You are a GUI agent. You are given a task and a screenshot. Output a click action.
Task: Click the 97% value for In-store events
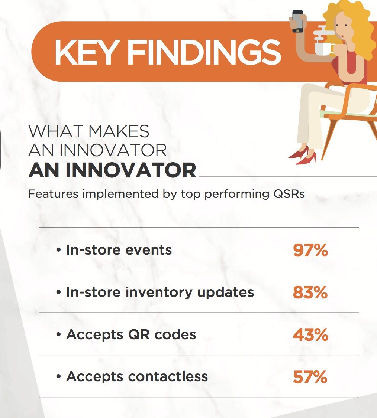310,250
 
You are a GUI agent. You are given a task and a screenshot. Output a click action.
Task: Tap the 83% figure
310,292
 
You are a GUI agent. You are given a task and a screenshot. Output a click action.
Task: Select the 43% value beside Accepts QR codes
310,334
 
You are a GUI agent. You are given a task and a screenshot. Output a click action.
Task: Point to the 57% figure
310,377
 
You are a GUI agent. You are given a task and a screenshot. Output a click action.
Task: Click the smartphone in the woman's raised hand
297,21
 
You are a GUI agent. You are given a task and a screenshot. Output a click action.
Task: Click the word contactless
168,376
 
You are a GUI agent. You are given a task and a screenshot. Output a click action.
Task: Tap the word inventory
159,293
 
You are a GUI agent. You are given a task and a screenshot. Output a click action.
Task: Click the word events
148,250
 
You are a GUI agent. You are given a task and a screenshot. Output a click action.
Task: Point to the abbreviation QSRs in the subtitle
289,194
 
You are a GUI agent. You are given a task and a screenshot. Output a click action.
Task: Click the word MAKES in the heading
119,131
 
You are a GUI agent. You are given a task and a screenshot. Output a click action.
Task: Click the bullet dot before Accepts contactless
59,377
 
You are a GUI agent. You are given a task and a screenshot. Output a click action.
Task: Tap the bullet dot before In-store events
59,250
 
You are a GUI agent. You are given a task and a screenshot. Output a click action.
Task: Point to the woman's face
343,27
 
